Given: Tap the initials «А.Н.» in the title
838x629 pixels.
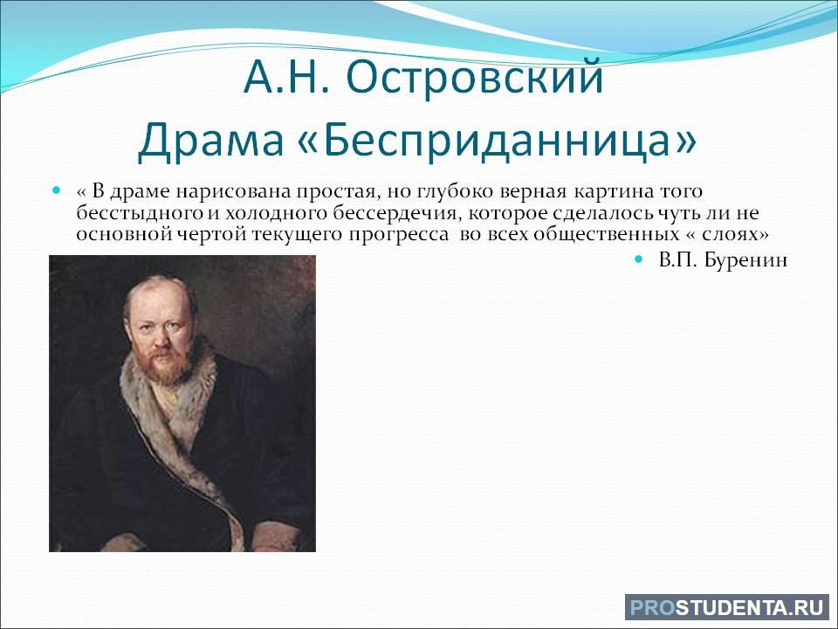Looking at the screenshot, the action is pyautogui.click(x=285, y=78).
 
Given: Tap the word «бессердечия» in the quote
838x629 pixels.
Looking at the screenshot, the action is pyautogui.click(x=395, y=214).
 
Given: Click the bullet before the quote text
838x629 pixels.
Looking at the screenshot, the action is pyautogui.click(x=58, y=190).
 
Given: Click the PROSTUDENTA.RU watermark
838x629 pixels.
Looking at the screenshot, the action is pyautogui.click(x=726, y=608).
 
